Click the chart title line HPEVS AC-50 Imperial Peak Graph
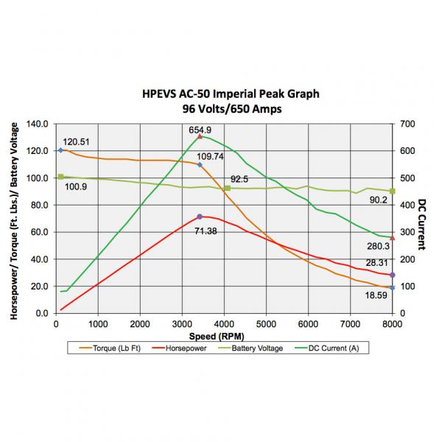[231, 95]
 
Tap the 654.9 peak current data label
[200, 130]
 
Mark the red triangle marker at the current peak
[200, 136]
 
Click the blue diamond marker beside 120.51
[60, 150]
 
